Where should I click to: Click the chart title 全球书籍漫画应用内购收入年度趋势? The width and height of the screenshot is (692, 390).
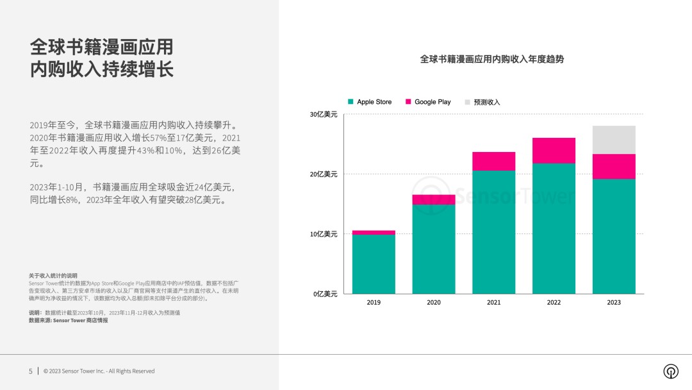[491, 59]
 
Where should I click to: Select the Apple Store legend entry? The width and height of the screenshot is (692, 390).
[370, 102]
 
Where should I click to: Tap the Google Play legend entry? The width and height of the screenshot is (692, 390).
[427, 102]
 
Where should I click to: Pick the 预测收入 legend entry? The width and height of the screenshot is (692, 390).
[482, 102]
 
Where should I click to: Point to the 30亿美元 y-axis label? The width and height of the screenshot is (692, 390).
[324, 115]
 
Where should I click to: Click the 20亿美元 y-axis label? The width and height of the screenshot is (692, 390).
[324, 174]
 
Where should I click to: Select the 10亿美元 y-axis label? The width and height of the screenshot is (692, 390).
[324, 234]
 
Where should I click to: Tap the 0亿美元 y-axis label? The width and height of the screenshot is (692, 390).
[325, 294]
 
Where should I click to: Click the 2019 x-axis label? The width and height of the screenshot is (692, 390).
[374, 302]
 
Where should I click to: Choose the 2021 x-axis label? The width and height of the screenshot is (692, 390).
[493, 302]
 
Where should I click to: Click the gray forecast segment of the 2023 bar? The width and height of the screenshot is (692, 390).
[614, 140]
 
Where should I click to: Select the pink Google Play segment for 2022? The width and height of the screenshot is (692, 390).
[554, 151]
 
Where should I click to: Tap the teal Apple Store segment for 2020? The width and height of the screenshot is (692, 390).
[434, 249]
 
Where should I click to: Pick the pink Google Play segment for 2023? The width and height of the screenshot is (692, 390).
[614, 167]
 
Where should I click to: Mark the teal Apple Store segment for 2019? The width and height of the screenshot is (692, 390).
[374, 264]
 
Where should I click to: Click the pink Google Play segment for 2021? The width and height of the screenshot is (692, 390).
[493, 161]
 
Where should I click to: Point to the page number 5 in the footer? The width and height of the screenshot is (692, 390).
[30, 371]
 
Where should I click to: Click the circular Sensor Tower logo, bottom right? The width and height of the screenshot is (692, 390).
[671, 371]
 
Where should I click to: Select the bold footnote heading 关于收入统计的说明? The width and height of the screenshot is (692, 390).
[53, 275]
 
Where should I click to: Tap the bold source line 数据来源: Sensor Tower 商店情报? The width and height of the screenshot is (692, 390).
[68, 320]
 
